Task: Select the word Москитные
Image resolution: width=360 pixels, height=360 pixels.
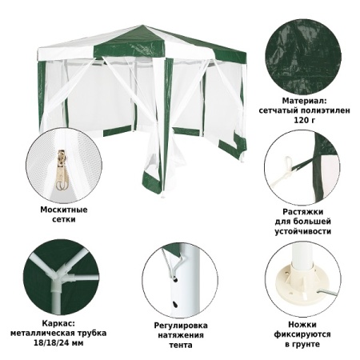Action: (63, 210)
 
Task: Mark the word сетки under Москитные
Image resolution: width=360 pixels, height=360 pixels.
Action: (63, 221)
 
